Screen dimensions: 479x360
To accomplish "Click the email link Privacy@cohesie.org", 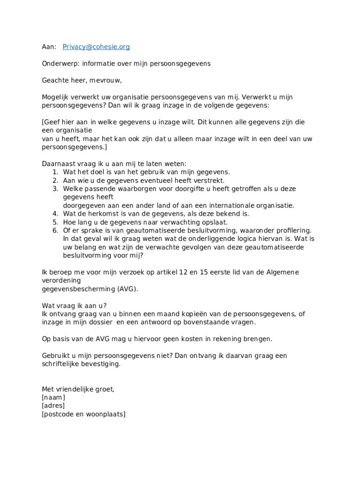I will (96, 47).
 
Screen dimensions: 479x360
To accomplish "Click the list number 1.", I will (55, 172).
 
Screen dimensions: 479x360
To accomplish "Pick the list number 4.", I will (55, 214).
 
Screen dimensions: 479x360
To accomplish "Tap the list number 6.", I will (55, 231).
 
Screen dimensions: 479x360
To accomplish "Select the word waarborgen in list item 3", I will (132, 189).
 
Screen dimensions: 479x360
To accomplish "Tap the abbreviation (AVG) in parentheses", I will (127, 289).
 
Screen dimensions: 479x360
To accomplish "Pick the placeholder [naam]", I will (53, 398).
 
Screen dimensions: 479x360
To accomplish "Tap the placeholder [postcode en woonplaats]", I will (83, 414).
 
